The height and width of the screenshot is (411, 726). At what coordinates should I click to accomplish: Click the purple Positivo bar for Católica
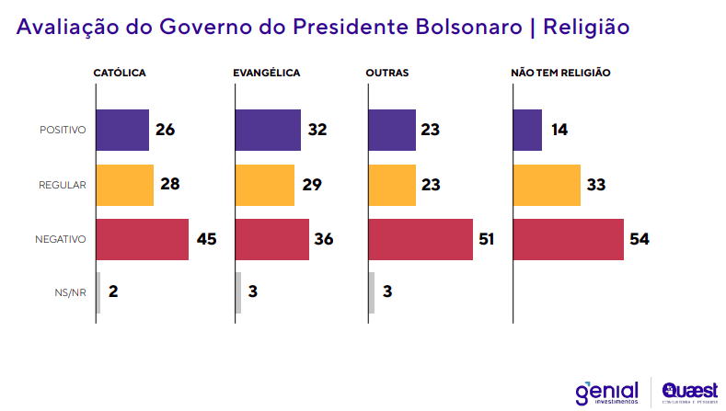click(122, 130)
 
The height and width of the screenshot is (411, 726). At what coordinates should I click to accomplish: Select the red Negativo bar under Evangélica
click(271, 239)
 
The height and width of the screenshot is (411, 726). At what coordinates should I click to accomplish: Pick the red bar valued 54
click(568, 239)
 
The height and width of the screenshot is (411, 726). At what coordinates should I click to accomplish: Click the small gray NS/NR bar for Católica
click(98, 292)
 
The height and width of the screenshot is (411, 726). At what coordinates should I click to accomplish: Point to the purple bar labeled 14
click(527, 130)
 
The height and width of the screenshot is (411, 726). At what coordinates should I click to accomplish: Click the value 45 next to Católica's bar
click(208, 239)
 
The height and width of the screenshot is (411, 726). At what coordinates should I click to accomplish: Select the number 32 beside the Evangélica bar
click(317, 130)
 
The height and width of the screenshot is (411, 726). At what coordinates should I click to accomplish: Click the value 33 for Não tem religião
click(596, 185)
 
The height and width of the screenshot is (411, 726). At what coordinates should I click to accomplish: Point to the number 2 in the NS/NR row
click(113, 292)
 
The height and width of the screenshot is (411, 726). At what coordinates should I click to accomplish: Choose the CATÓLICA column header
click(120, 73)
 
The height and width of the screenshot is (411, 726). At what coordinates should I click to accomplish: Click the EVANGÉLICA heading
click(267, 73)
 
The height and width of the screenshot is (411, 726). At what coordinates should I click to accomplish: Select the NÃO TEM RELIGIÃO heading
click(560, 73)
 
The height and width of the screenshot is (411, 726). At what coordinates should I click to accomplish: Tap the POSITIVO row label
click(63, 131)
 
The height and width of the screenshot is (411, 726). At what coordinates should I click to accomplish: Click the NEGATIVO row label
click(61, 239)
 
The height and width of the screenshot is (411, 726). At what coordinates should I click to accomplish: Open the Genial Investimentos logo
click(606, 391)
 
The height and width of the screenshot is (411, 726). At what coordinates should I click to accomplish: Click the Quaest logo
click(689, 391)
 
